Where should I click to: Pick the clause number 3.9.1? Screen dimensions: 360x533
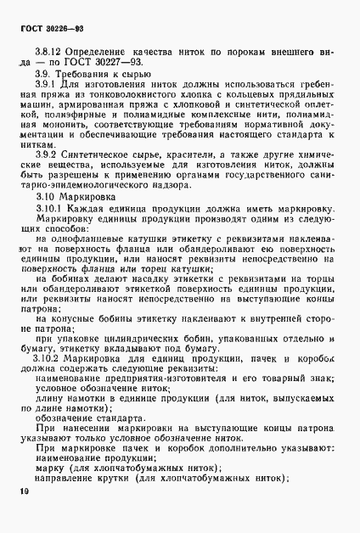pyautogui.click(x=55, y=111)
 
